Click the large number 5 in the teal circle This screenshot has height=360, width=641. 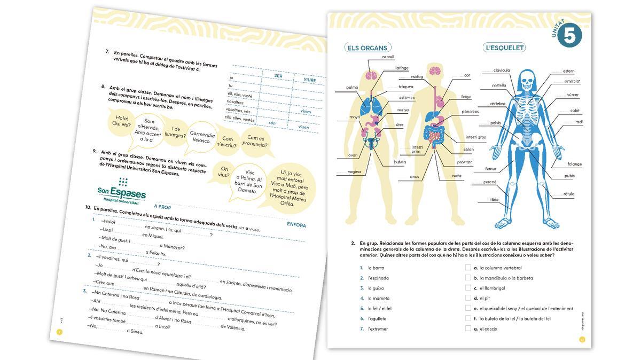(570, 36)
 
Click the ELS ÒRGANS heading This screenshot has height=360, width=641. (368, 48)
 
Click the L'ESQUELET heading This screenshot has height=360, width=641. (505, 48)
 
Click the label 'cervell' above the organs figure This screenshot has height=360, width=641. (388, 57)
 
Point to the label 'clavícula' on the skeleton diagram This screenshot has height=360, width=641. (502, 70)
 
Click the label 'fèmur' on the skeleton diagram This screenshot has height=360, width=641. (490, 169)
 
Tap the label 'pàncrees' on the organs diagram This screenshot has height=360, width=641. (470, 112)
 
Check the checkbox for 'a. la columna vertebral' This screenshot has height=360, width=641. (468, 268)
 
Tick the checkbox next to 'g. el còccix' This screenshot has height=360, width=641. (468, 328)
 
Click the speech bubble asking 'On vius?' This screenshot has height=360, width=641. (224, 171)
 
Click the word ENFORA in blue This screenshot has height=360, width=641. (296, 225)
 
